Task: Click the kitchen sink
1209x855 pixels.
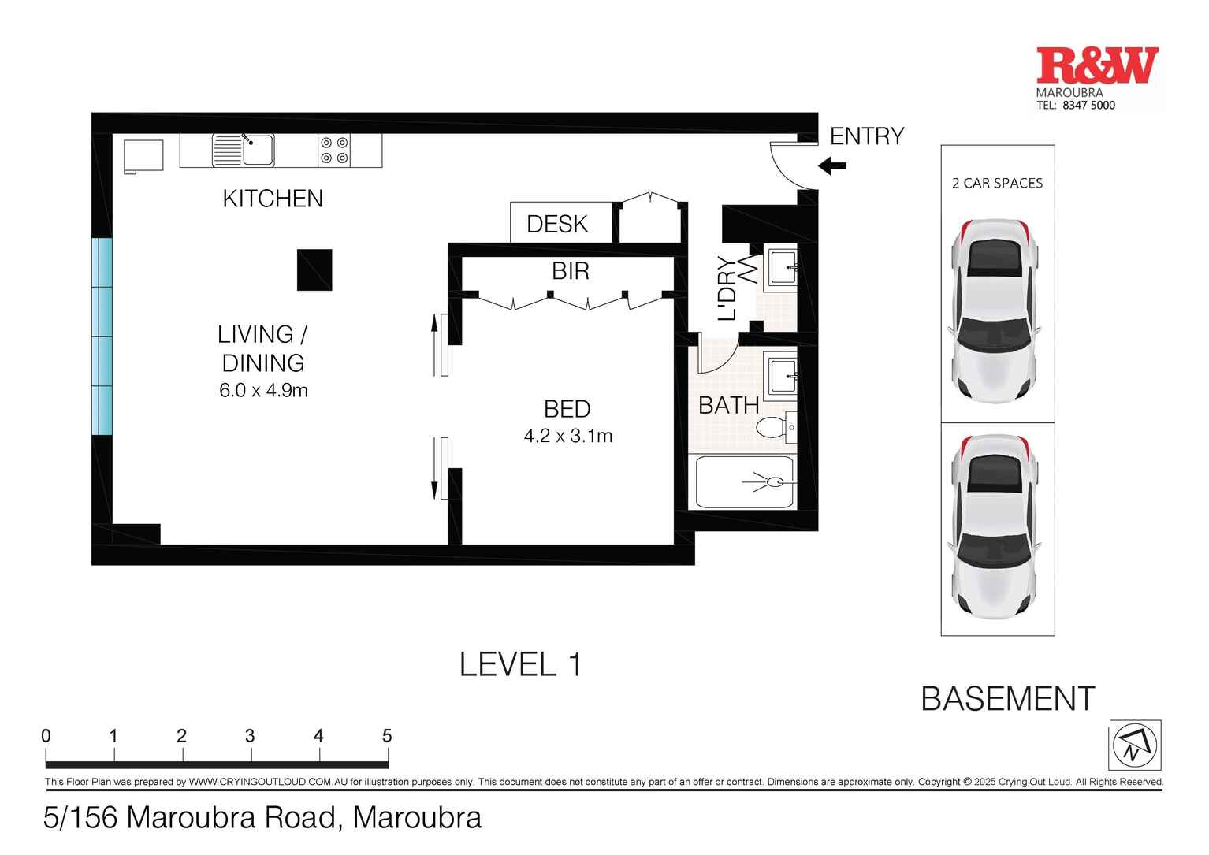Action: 257,150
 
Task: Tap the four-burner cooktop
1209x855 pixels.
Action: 334,151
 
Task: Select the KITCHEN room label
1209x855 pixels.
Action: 273,199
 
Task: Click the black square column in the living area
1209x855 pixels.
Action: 314,270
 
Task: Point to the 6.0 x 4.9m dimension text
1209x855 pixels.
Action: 263,390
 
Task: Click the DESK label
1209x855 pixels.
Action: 557,225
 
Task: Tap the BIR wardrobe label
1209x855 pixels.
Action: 571,271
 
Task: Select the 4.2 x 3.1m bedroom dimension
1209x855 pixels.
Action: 567,436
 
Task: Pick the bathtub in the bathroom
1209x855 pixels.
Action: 744,481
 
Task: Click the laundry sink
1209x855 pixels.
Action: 781,266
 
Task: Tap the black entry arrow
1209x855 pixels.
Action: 832,166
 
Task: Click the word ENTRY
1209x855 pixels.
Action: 867,136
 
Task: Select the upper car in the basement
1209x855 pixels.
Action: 997,309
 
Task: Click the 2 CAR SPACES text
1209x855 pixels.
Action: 997,184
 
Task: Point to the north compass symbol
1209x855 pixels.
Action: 1135,745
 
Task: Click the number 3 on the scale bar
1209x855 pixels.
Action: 250,736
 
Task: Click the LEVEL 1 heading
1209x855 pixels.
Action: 520,665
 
